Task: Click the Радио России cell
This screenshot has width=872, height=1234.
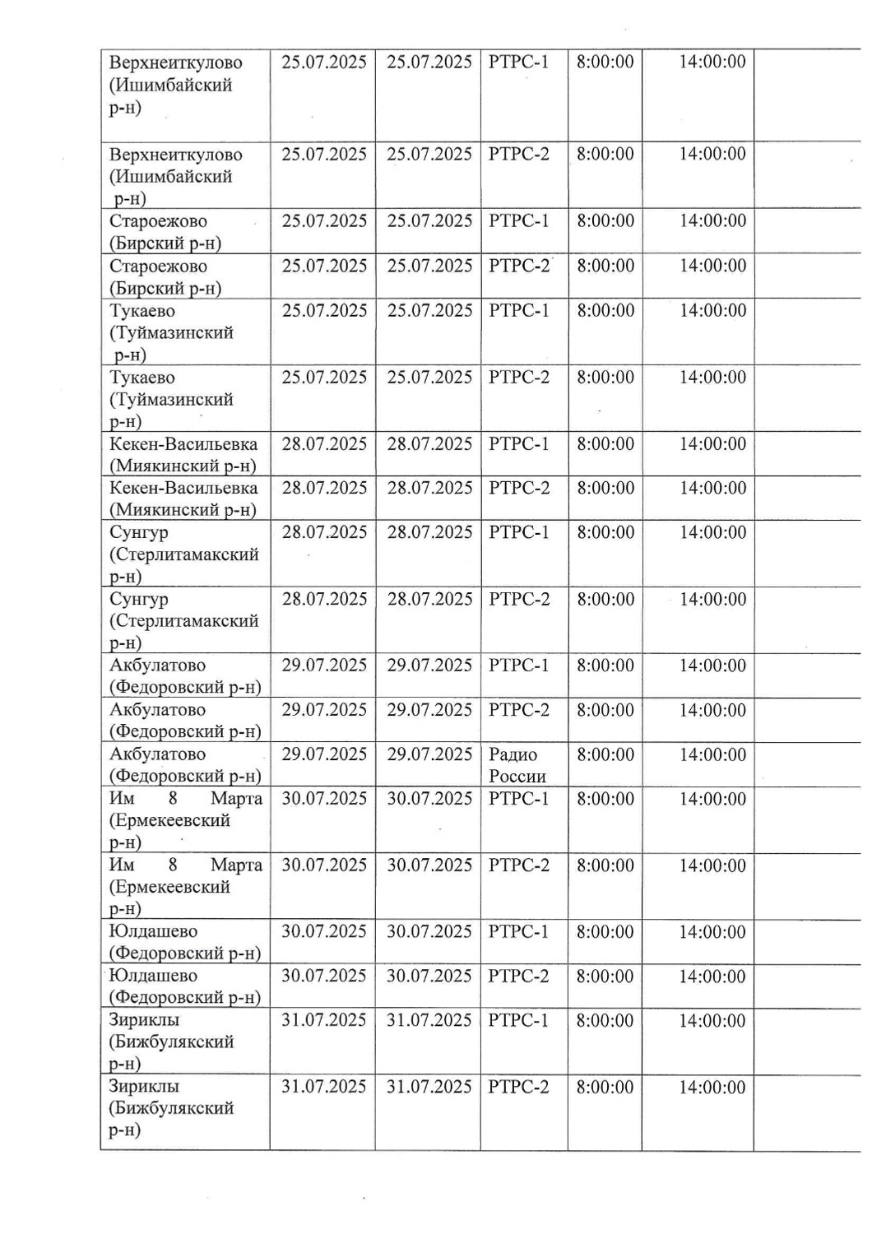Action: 517,765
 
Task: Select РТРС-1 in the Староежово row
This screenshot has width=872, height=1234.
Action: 518,221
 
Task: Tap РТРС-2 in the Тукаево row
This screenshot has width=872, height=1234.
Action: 518,378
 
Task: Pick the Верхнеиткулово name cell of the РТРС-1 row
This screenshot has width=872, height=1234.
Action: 175,86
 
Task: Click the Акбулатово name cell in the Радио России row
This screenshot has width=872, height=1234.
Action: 185,765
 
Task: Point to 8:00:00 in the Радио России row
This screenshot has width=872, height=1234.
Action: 605,755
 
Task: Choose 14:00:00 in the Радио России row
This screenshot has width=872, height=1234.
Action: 712,755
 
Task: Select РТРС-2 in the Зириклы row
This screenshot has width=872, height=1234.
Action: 518,1088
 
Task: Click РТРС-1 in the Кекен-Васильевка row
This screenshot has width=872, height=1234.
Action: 518,444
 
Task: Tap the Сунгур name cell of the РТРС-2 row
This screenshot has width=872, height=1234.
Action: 183,621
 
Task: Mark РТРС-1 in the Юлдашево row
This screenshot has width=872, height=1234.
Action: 518,932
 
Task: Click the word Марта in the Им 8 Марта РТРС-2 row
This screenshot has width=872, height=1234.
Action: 236,865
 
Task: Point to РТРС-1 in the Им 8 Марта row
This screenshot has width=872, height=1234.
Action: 518,799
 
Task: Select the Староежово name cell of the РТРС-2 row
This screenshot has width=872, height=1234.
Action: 165,277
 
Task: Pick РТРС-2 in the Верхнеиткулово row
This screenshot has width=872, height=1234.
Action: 518,155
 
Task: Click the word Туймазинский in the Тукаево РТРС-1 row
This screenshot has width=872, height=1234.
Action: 171,333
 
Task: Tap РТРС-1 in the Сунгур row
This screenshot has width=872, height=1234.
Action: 518,533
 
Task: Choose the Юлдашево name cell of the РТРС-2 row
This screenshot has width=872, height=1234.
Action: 184,986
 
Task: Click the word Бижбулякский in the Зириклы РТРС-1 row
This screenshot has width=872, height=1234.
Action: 171,1042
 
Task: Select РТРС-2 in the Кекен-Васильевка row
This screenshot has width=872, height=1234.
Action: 518,489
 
